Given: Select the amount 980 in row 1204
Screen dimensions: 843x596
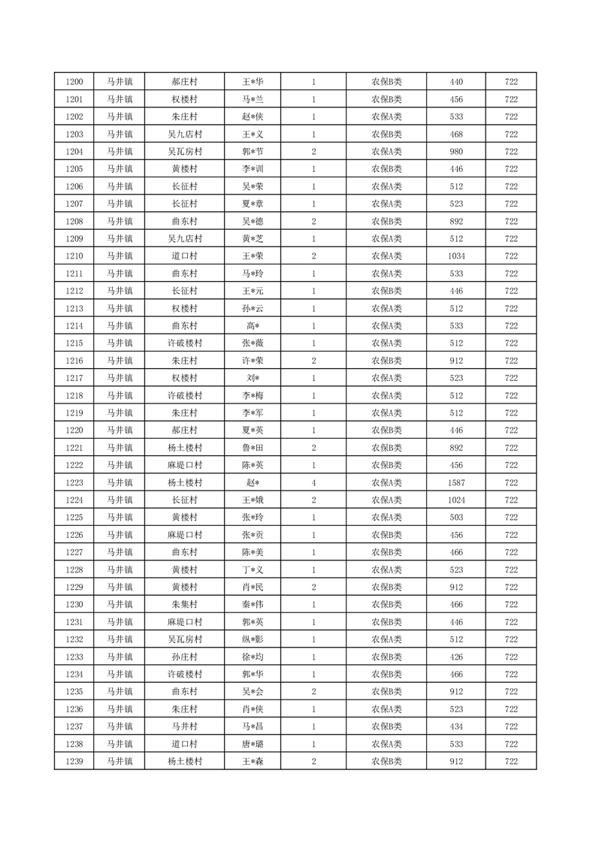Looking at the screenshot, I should (456, 152).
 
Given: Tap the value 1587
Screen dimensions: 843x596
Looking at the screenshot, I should (456, 482).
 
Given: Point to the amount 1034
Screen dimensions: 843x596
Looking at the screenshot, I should (456, 256).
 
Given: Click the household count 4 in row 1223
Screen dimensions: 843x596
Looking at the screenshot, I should (313, 482).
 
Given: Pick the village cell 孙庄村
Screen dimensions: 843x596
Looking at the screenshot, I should (184, 657).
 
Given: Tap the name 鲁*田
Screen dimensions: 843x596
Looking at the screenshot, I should (253, 448).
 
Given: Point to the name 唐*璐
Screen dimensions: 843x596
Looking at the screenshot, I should (253, 744).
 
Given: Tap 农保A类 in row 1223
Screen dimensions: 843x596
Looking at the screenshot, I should (386, 482).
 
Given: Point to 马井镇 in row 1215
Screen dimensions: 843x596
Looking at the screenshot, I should (119, 343).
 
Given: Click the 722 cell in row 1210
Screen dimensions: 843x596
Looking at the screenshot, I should (511, 256).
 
